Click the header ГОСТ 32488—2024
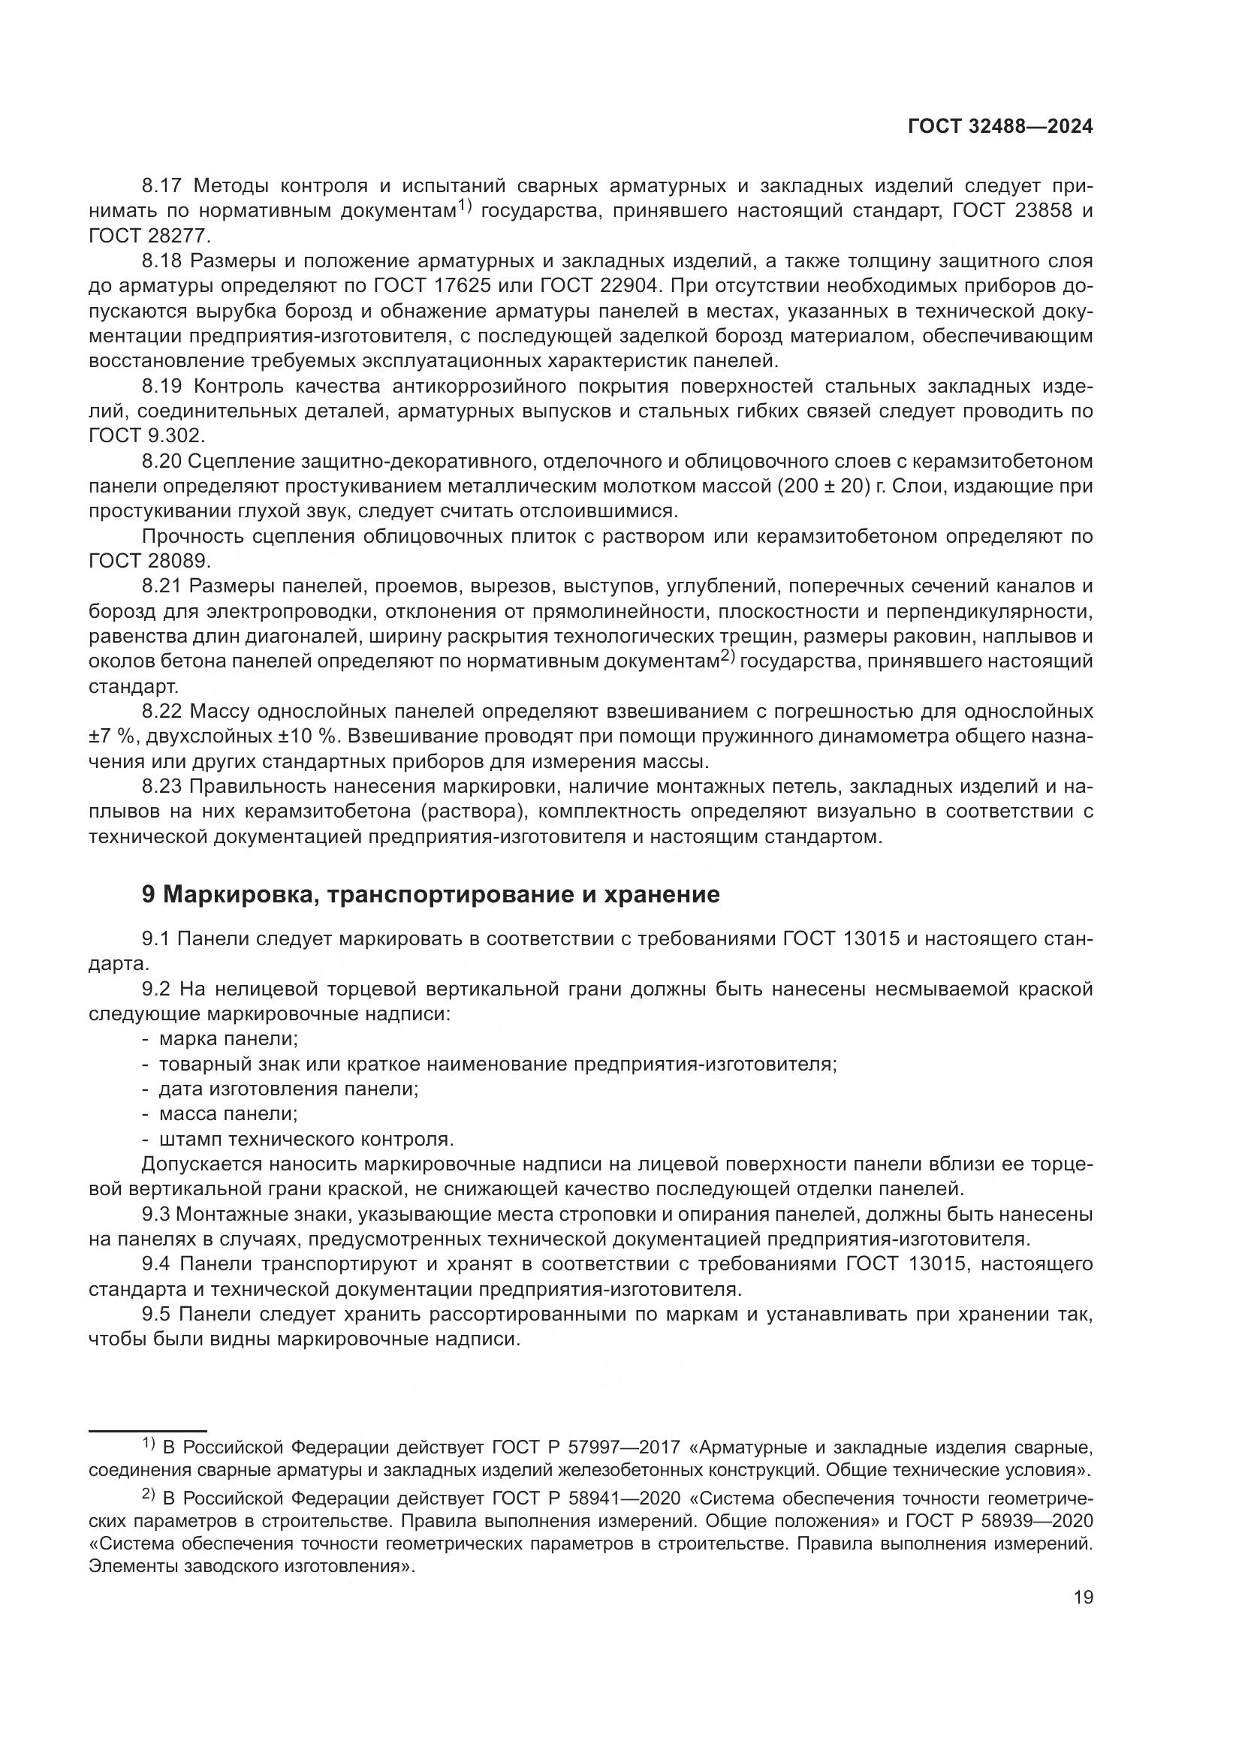(999, 127)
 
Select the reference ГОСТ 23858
(1010, 211)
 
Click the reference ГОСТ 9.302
(146, 436)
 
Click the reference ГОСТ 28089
(150, 562)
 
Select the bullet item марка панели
(228, 1038)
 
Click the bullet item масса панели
(228, 1113)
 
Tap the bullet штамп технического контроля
(306, 1139)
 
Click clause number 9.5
(157, 1315)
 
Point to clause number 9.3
(157, 1214)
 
